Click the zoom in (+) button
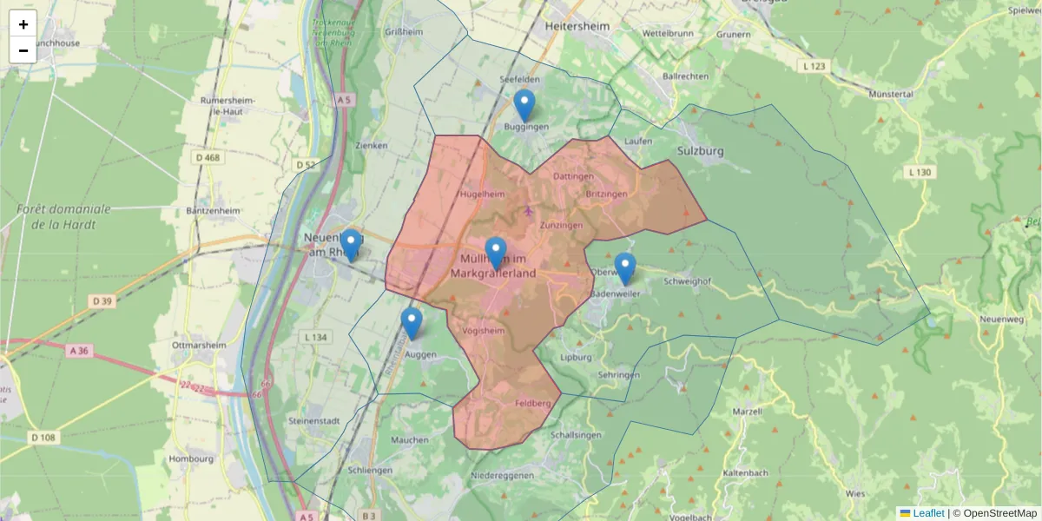(x=23, y=24)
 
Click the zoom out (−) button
(x=23, y=50)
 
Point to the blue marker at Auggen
(x=412, y=323)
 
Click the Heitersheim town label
(x=579, y=27)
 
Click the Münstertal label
(x=890, y=93)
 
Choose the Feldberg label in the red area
(x=533, y=403)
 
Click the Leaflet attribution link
(x=928, y=513)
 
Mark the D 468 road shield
(x=208, y=157)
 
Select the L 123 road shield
(x=813, y=66)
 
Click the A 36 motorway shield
(x=77, y=350)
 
